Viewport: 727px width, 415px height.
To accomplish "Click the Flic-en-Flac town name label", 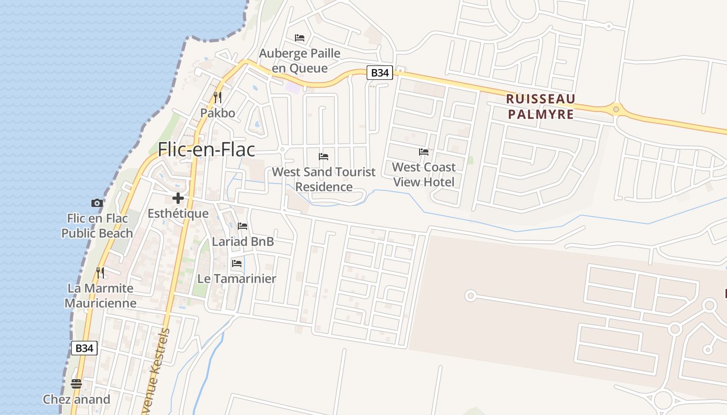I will point(207,149).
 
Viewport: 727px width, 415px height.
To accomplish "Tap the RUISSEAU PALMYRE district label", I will point(541,106).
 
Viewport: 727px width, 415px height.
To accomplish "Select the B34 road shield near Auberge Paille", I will point(380,73).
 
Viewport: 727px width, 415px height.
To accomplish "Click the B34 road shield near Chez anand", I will point(84,348).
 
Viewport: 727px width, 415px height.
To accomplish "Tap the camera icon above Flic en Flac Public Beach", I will point(97,203).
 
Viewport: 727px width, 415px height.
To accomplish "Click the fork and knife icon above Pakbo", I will point(218,97).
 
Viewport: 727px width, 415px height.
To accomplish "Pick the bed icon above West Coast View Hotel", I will point(424,152).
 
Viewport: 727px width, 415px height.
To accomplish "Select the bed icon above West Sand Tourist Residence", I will point(324,156).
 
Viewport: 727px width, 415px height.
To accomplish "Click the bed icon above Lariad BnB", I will point(243,226).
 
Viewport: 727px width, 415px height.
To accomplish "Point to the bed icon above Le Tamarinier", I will point(237,264).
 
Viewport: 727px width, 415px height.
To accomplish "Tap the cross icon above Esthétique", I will point(178,198).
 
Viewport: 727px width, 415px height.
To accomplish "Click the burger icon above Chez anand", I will point(76,384).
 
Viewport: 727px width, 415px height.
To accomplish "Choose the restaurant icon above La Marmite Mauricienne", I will point(100,272).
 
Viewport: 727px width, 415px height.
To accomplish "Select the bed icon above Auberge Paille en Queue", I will point(300,38).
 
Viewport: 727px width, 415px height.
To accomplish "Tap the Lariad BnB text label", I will point(243,241).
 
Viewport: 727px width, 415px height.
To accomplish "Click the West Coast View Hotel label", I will point(424,174).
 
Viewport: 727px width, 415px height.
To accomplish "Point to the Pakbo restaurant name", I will point(218,113).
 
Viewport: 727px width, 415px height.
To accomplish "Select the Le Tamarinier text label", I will point(237,279).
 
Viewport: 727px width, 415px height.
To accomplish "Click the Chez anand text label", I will point(76,399).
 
